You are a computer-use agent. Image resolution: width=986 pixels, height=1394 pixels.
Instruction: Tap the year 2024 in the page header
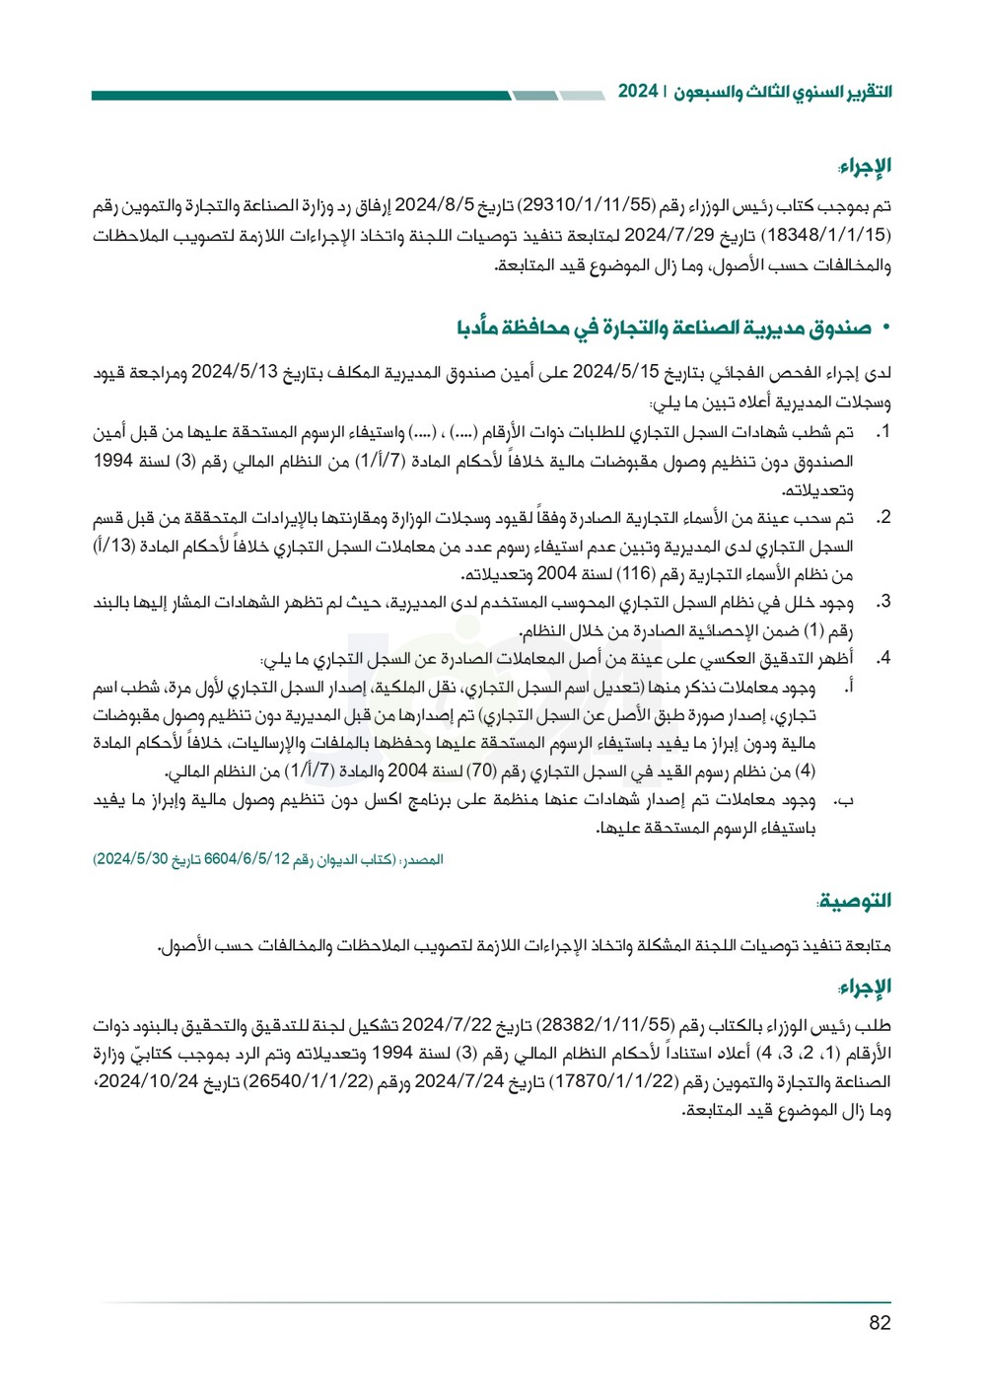point(638,92)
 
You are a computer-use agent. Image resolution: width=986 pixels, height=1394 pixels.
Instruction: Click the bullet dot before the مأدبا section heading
point(885,328)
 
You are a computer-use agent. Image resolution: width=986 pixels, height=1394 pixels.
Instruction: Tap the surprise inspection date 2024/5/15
point(615,373)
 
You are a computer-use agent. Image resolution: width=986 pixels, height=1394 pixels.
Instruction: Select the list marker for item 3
point(884,602)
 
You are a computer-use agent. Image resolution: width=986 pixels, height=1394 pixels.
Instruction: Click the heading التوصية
point(855,901)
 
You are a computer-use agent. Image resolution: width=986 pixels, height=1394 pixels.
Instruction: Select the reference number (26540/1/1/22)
point(308,1081)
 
